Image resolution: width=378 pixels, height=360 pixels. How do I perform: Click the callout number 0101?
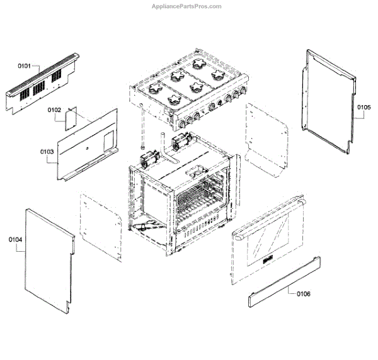24,65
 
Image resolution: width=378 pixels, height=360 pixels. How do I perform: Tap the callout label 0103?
47,152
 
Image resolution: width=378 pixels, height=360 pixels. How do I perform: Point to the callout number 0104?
16,240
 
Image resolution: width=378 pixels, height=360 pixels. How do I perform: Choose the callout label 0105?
364,108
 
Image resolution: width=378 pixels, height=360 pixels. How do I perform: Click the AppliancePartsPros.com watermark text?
188,6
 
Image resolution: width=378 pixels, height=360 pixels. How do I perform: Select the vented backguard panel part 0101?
44,85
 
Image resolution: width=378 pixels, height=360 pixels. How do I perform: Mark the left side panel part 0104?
47,258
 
